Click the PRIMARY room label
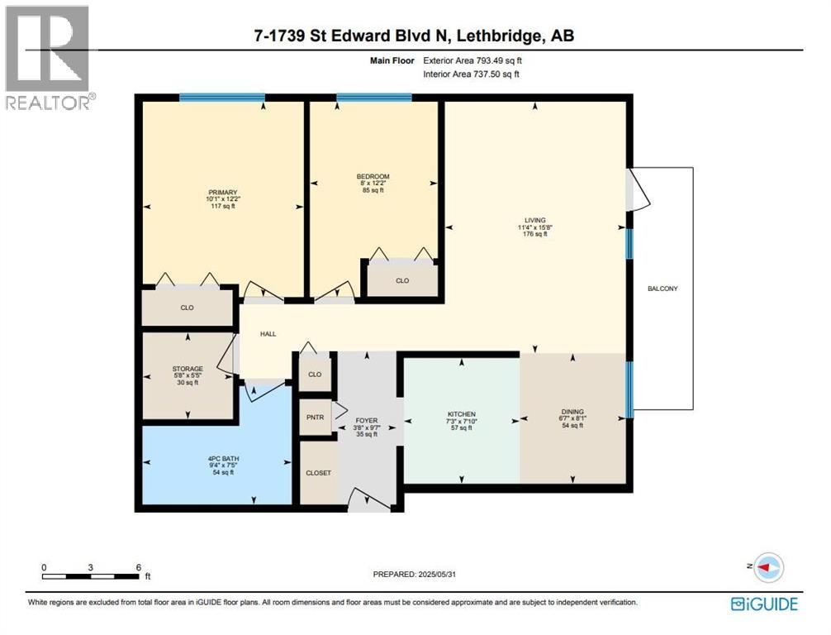(222, 193)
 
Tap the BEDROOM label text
(373, 177)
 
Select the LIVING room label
(535, 220)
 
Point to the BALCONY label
(662, 289)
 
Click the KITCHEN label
(462, 413)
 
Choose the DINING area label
(572, 412)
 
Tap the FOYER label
(366, 421)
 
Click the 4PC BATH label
(223, 459)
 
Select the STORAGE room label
(188, 369)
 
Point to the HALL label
(268, 334)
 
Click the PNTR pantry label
(315, 418)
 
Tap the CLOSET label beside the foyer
(319, 473)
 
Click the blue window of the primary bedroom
(222, 97)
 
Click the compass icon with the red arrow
(768, 567)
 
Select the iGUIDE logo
(764, 604)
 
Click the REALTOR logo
(49, 57)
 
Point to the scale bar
(91, 576)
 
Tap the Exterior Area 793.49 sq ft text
(472, 61)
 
